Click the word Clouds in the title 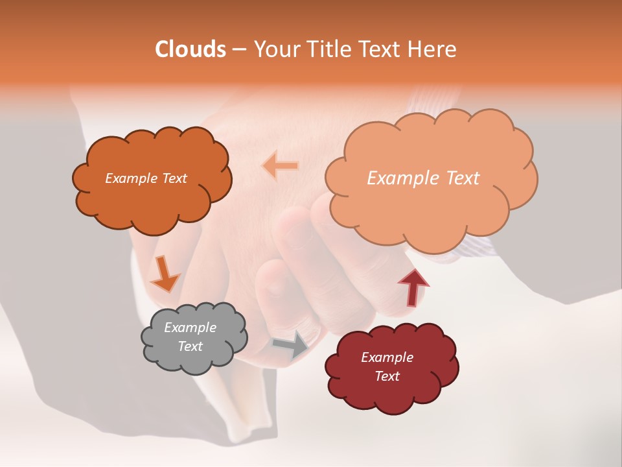pyautogui.click(x=190, y=49)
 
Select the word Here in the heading pyautogui.click(x=433, y=49)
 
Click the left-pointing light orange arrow pyautogui.click(x=280, y=165)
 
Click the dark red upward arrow pyautogui.click(x=413, y=286)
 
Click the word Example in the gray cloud pyautogui.click(x=190, y=328)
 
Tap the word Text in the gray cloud pyautogui.click(x=190, y=346)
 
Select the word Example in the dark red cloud pyautogui.click(x=387, y=357)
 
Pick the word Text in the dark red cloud pyautogui.click(x=387, y=376)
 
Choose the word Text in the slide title pyautogui.click(x=384, y=49)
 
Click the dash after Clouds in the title pyautogui.click(x=238, y=50)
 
